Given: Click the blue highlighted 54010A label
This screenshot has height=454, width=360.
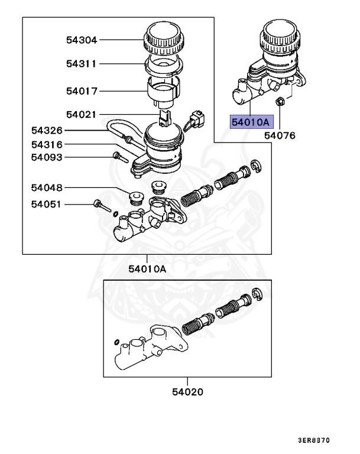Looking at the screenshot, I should click(250, 122).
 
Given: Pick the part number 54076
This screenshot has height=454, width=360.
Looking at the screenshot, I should click(280, 135).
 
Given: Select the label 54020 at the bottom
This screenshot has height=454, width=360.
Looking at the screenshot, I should click(187, 391).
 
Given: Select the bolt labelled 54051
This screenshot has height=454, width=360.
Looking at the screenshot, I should click(100, 206).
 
